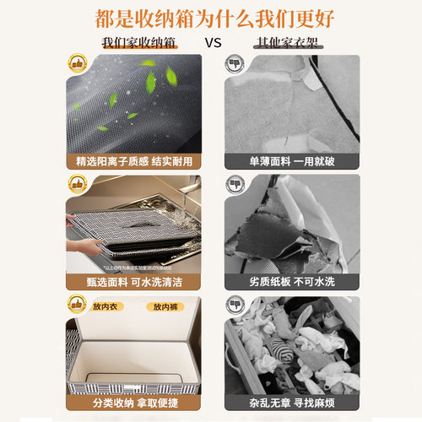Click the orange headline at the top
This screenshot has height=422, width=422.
(210, 17)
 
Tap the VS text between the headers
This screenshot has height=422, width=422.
(211, 41)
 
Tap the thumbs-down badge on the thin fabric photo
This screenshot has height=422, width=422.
(232, 64)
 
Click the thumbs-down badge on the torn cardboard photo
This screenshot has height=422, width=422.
(232, 183)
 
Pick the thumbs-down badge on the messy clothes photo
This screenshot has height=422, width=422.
(232, 304)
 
